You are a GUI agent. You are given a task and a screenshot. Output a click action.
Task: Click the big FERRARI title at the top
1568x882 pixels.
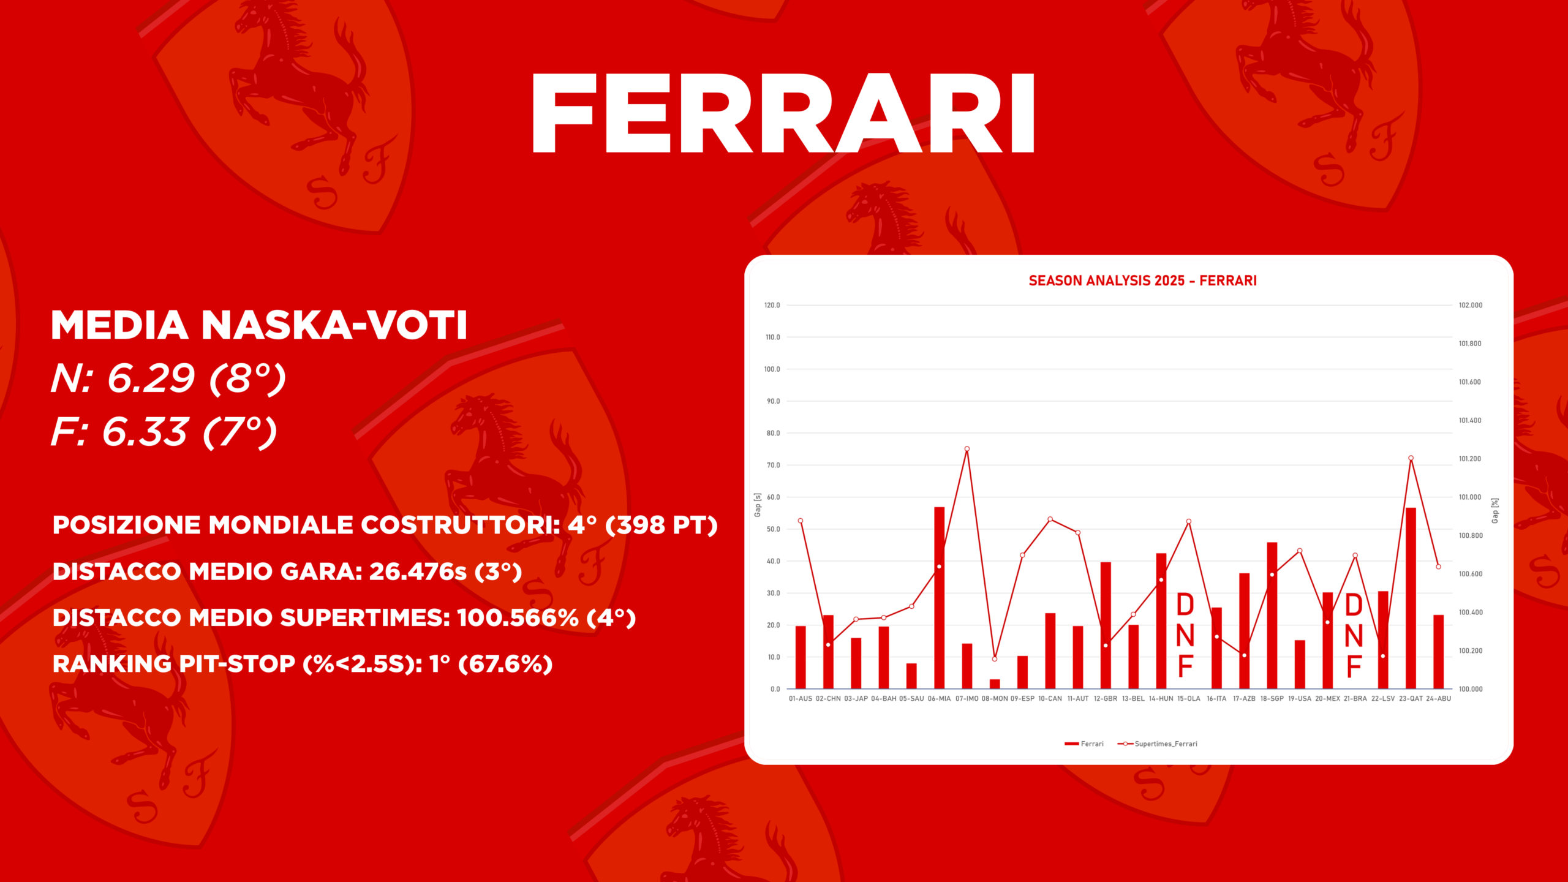(783, 113)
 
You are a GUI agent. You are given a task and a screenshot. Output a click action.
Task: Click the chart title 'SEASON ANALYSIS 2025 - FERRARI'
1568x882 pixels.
(1142, 281)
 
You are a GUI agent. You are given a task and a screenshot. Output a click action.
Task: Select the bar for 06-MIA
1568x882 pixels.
(939, 598)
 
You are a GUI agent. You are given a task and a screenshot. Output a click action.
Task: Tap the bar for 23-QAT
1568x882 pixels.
(1411, 598)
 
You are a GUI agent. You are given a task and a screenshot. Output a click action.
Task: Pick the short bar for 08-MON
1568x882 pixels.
(995, 684)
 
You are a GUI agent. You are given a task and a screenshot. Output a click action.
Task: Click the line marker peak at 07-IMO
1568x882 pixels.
(967, 449)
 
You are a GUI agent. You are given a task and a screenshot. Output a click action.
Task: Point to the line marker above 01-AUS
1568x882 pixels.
(801, 521)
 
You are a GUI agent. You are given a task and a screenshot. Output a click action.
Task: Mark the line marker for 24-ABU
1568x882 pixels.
(1439, 567)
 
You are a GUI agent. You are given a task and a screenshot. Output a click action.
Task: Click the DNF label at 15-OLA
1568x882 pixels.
(1186, 635)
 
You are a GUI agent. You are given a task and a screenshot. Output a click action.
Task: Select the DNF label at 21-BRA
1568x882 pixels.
(1354, 636)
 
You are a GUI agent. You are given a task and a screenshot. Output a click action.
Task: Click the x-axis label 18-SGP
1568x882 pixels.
(1272, 699)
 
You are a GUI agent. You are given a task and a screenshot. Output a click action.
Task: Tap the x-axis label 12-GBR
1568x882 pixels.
(1106, 699)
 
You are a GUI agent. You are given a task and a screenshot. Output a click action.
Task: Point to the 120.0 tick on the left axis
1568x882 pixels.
(772, 305)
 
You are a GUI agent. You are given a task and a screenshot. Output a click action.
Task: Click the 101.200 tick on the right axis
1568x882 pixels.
(1471, 459)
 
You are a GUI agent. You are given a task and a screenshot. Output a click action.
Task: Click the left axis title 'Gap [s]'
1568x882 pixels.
(758, 505)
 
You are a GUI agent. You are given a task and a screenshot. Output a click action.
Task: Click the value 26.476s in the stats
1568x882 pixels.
(418, 571)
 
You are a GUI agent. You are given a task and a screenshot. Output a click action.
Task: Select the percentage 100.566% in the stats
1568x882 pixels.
(518, 617)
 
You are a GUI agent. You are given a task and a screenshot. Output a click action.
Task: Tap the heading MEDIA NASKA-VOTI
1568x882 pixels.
(259, 325)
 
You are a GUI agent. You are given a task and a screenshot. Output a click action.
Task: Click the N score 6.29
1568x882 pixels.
(151, 378)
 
